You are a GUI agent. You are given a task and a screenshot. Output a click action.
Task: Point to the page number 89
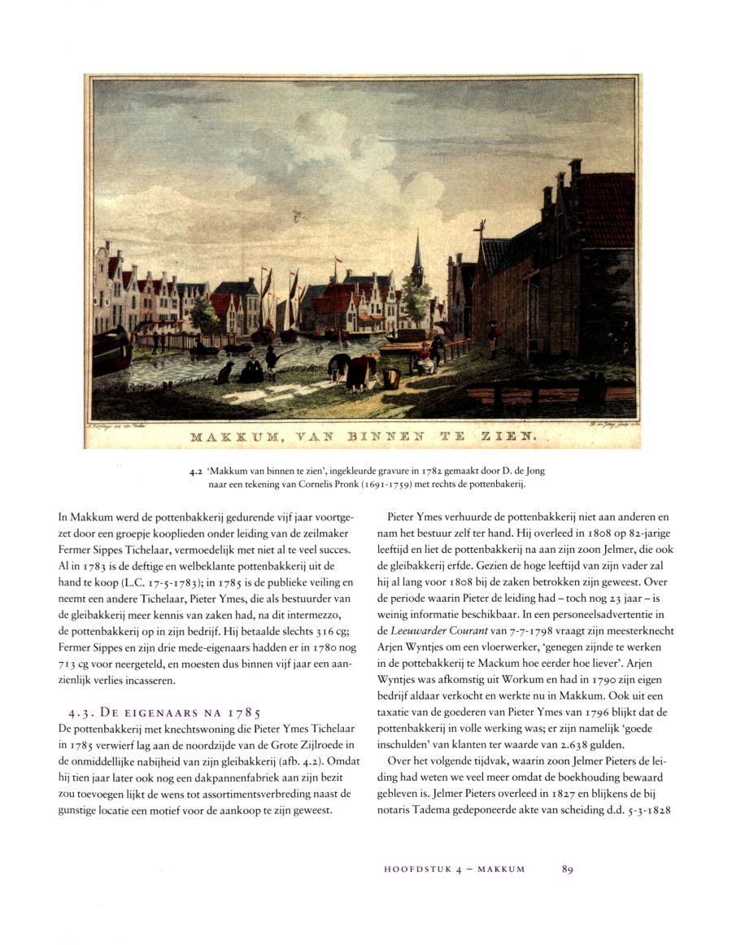click(568, 869)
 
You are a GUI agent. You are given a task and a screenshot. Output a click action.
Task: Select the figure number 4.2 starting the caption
click(193, 471)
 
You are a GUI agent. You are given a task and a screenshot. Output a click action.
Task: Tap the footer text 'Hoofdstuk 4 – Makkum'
click(454, 869)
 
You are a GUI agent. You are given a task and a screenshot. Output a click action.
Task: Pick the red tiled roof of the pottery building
click(606, 209)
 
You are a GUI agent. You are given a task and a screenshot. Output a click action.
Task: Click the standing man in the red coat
click(491, 337)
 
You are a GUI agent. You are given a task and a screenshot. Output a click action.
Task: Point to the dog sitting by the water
click(224, 372)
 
